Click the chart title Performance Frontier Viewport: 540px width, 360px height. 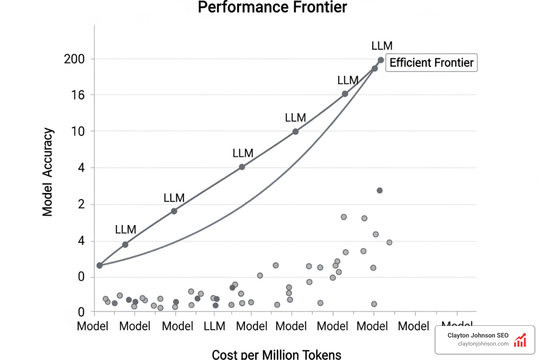pyautogui.click(x=272, y=7)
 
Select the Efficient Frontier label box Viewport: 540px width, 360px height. pyautogui.click(x=431, y=63)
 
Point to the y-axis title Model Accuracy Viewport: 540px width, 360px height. pyautogui.click(x=47, y=172)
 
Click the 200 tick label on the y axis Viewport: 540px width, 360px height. pyautogui.click(x=74, y=59)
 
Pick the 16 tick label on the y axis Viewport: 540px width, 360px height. pyautogui.click(x=78, y=95)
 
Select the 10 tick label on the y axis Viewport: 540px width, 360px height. pyautogui.click(x=78, y=131)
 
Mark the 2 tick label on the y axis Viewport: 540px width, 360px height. pyautogui.click(x=81, y=204)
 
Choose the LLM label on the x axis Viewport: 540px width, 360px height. pyautogui.click(x=214, y=326)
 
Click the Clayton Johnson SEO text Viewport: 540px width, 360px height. pyautogui.click(x=478, y=335)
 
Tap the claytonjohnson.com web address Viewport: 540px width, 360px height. pyautogui.click(x=483, y=344)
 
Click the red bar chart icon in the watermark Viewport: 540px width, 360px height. pyautogui.click(x=520, y=340)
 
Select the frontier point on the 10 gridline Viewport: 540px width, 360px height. pyautogui.click(x=296, y=131)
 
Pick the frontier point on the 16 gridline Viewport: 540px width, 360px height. pyautogui.click(x=345, y=94)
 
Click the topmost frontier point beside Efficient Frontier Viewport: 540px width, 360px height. pyautogui.click(x=381, y=60)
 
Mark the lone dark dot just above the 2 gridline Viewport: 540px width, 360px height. pyautogui.click(x=380, y=191)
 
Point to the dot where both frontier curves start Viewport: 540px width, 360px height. pyautogui.click(x=99, y=265)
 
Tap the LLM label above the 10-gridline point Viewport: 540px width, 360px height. pyautogui.click(x=295, y=118)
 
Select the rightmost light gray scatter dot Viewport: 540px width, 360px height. pyautogui.click(x=389, y=242)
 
